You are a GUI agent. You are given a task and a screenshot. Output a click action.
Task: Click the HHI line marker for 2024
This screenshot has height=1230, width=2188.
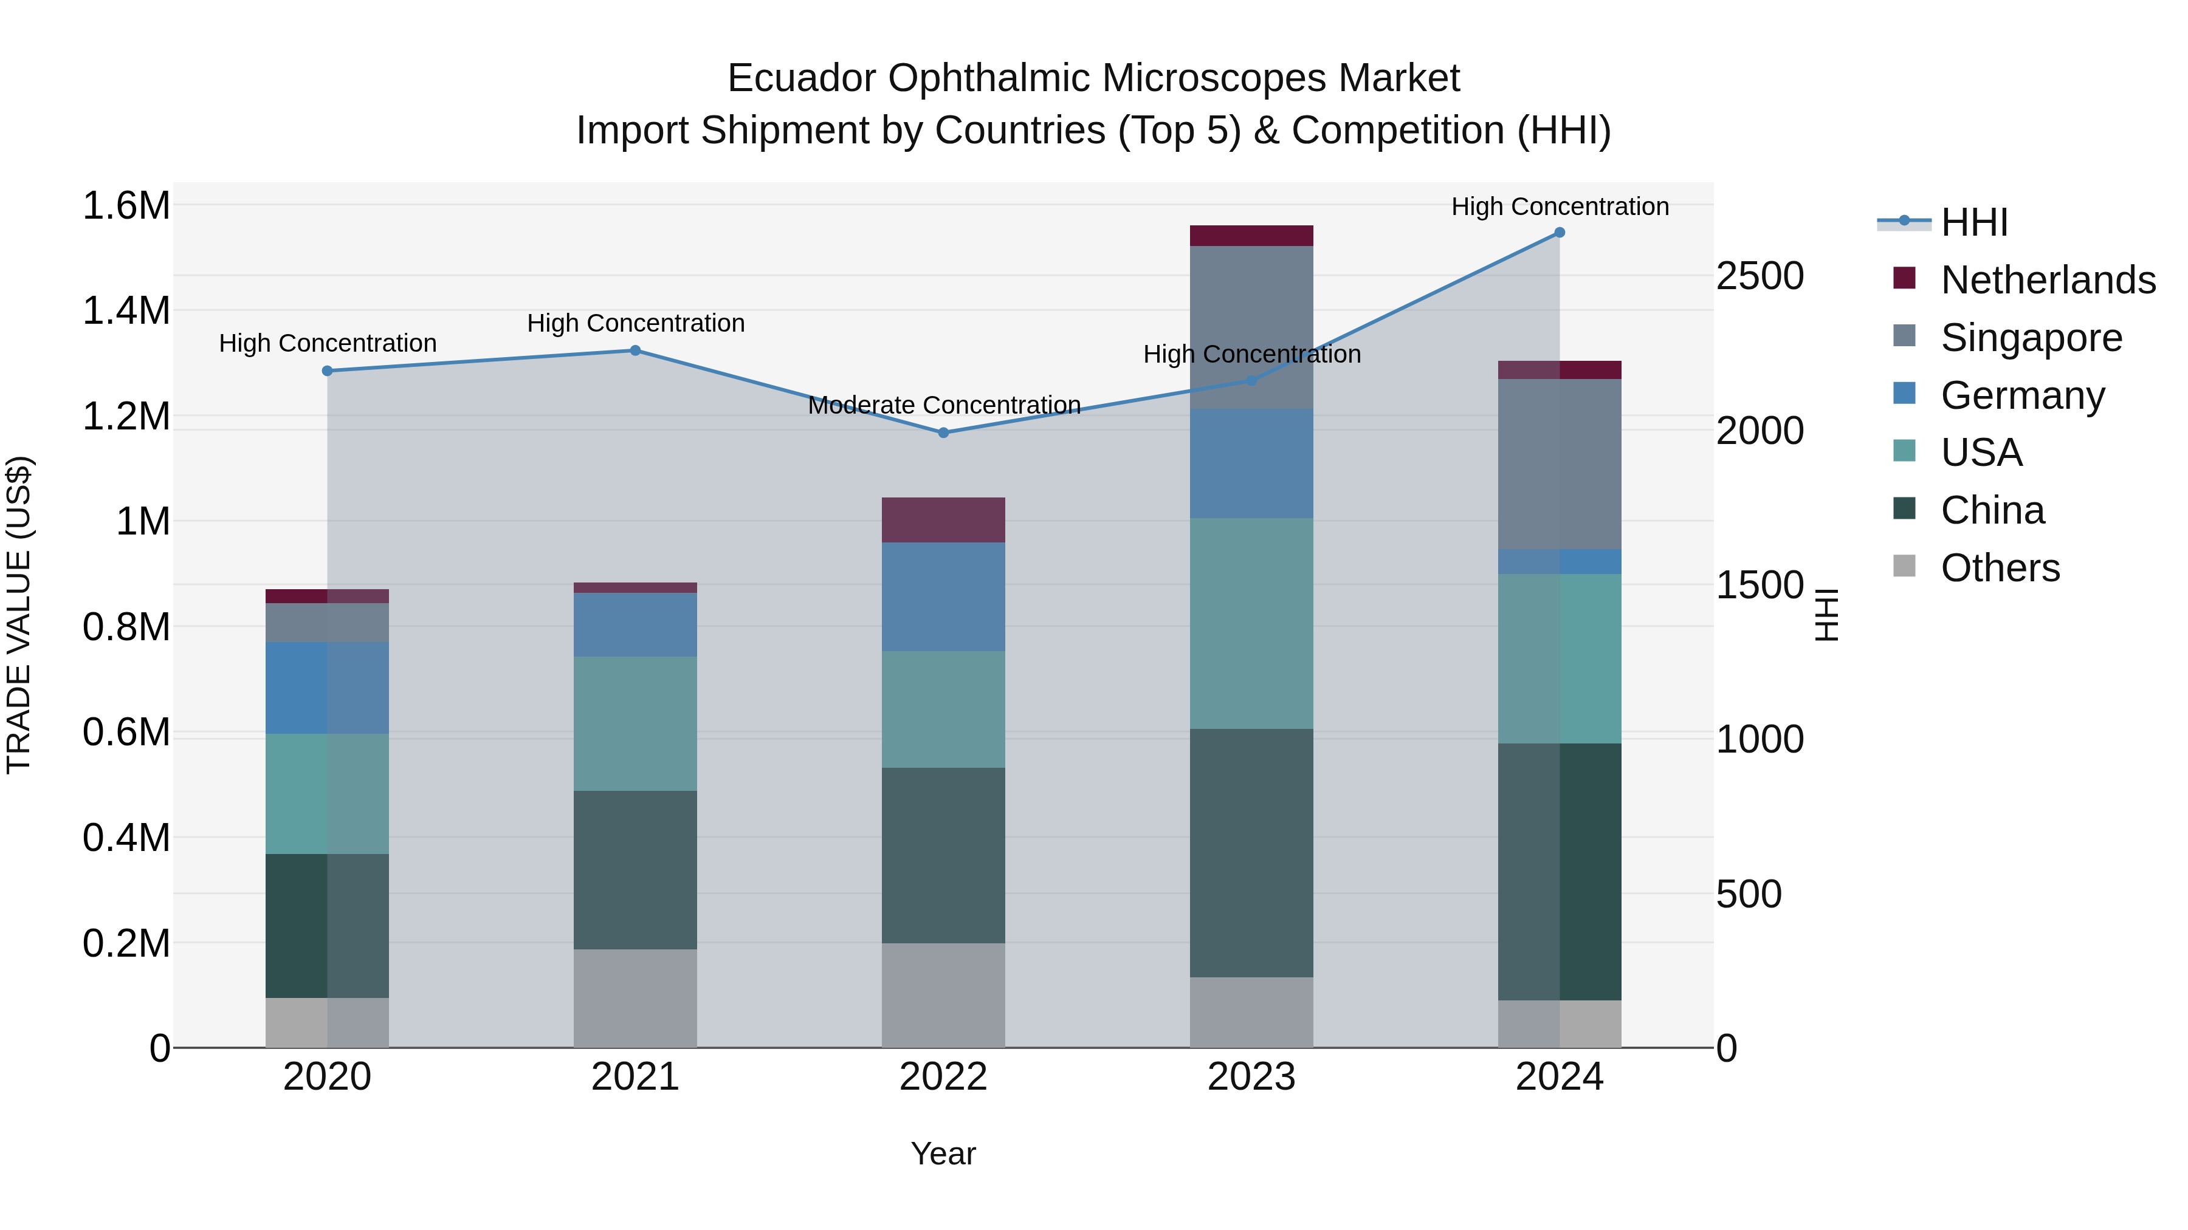tap(1560, 233)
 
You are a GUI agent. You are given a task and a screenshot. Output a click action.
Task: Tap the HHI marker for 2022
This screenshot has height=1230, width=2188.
tap(943, 433)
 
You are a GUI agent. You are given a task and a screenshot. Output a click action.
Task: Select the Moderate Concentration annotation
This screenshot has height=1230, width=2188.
tap(944, 405)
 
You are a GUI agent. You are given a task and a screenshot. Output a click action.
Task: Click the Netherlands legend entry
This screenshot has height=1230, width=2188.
tap(2048, 280)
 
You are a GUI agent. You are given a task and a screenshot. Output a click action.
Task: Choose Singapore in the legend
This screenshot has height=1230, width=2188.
tap(2031, 338)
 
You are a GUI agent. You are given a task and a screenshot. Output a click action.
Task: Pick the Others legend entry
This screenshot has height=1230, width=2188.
tap(2000, 568)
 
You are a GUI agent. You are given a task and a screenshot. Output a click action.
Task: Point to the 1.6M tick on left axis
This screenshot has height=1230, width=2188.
tap(126, 205)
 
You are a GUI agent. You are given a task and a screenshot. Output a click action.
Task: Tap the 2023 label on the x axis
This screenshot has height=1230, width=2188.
tap(1251, 1077)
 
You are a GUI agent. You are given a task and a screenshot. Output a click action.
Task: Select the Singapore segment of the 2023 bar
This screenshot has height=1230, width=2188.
tap(1251, 327)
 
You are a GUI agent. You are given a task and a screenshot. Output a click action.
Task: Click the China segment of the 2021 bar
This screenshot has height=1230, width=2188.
tap(635, 869)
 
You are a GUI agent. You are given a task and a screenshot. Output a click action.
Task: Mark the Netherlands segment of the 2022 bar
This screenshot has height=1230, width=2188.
tap(943, 519)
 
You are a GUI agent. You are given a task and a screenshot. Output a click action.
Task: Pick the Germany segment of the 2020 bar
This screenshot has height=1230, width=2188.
tap(327, 688)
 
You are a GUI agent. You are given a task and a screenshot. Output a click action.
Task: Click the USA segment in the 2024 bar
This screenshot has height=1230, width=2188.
tap(1560, 658)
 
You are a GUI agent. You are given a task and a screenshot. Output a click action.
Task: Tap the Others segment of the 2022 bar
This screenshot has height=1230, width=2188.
tap(943, 995)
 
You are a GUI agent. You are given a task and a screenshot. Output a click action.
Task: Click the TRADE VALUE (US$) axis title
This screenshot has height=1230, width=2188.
tap(19, 615)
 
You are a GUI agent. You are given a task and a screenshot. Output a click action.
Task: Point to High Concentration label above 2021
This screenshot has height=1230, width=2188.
tap(635, 323)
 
